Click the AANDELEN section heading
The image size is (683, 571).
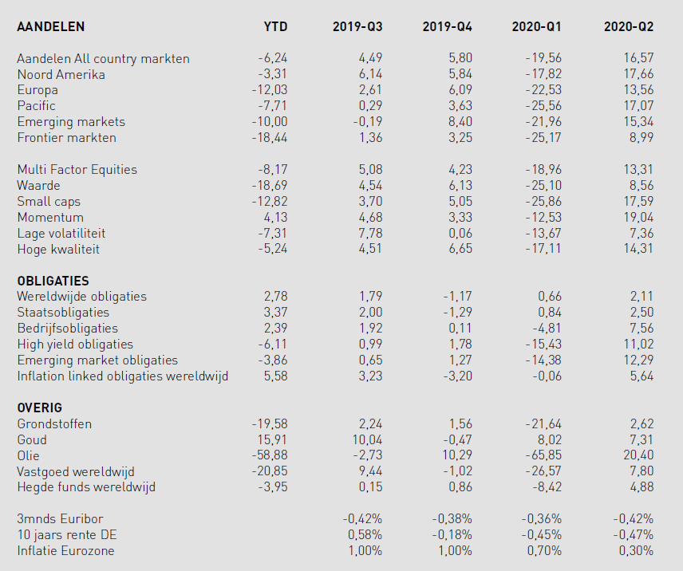point(50,26)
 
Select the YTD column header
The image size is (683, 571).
point(275,26)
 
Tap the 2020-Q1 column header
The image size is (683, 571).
point(536,26)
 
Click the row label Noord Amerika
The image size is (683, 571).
point(61,74)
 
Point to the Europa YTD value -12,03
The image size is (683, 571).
point(269,90)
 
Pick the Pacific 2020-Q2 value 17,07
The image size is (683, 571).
point(638,106)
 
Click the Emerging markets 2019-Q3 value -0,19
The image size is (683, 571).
point(368,122)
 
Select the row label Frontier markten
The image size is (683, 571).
point(67,137)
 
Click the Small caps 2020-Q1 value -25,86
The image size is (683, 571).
point(543,202)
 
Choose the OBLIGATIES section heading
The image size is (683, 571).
point(53,281)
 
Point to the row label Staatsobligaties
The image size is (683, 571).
point(63,313)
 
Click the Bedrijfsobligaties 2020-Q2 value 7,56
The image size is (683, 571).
point(642,328)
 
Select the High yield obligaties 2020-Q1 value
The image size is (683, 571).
point(543,345)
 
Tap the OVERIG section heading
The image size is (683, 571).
point(40,408)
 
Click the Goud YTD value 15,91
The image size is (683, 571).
point(272,440)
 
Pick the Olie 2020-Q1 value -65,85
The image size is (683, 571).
point(543,455)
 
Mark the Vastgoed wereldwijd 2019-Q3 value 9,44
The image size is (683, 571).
point(370,471)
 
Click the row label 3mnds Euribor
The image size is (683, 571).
point(60,519)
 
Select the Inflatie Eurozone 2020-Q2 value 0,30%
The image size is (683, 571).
point(636,550)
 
